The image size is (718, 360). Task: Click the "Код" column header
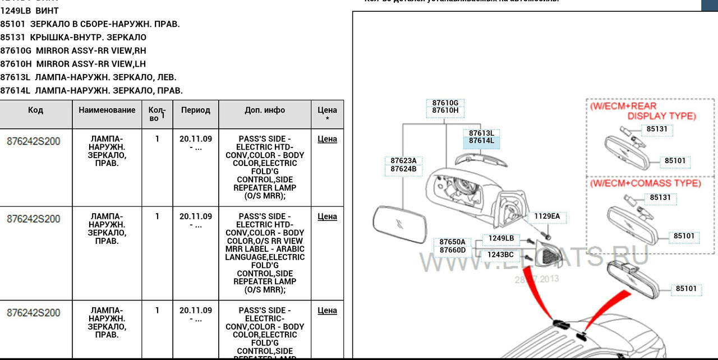[35, 110]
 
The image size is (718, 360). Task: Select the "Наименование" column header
[107, 110]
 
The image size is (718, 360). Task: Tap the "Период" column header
[195, 110]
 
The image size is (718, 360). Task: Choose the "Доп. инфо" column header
[265, 110]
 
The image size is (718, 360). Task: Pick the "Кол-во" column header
[157, 114]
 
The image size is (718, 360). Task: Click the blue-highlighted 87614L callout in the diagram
[481, 141]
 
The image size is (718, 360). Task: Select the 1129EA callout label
[546, 216]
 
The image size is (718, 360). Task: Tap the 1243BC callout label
[500, 255]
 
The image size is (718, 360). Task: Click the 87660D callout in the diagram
[452, 250]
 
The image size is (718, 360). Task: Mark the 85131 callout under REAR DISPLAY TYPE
[657, 129]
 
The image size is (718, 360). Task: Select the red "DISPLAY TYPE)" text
[661, 116]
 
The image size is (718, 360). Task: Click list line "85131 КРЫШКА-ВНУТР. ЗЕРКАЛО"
[73, 38]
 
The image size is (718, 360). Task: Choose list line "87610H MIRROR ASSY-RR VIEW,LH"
[73, 64]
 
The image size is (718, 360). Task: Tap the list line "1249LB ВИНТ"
[29, 11]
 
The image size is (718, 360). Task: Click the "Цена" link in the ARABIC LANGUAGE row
[327, 216]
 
